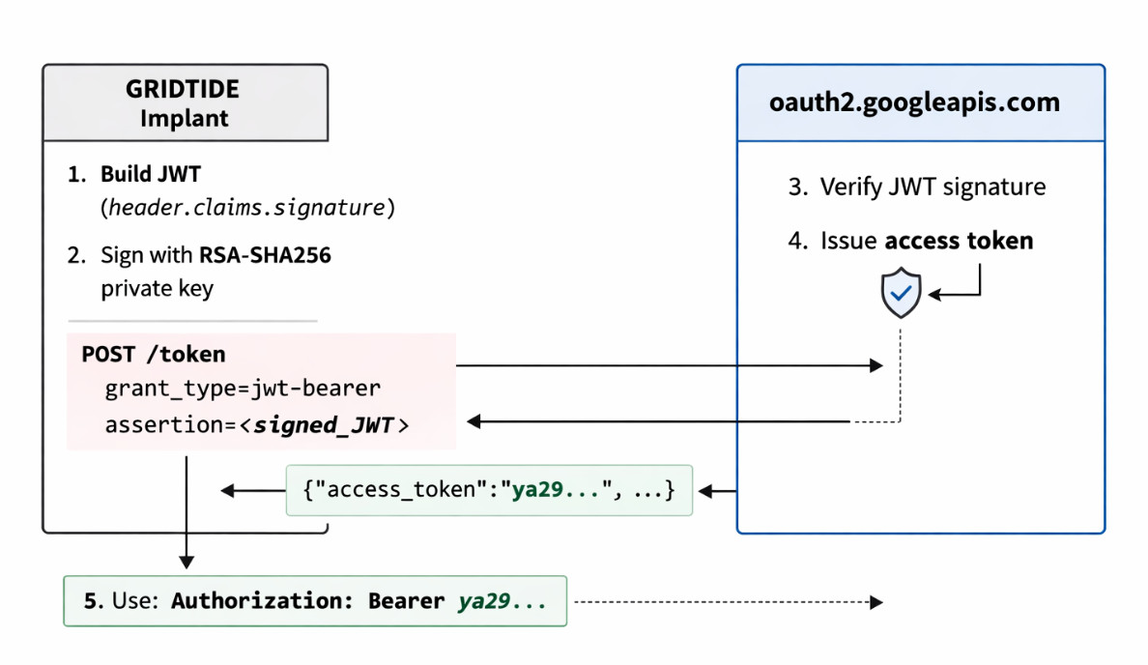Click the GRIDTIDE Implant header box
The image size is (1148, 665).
point(185,103)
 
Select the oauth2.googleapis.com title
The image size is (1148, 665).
point(914,102)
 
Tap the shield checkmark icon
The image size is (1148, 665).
point(901,294)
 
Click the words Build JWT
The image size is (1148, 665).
point(151,175)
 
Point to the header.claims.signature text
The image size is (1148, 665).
point(247,207)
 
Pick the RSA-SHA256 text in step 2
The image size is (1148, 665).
point(266,255)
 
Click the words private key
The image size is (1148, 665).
point(157,288)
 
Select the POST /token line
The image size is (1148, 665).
point(154,354)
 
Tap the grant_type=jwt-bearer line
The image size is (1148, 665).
point(243,389)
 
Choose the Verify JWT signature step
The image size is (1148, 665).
point(933,187)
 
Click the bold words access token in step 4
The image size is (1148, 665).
point(959,240)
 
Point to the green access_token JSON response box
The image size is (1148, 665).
point(489,490)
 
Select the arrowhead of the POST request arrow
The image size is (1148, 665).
point(876,365)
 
